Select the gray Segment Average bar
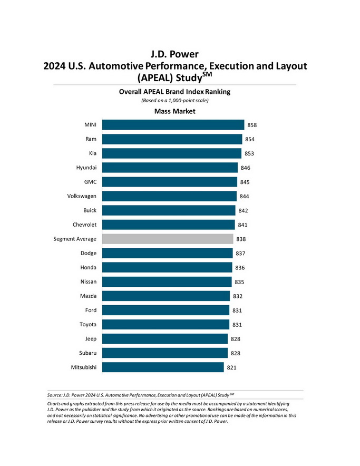tap(167, 239)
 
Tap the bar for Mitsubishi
tap(163, 367)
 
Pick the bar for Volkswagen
tap(169, 196)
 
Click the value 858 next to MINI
tap(252, 125)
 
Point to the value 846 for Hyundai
tap(245, 168)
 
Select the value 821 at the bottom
tap(231, 367)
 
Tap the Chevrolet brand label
tap(84, 225)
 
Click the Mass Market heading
tap(175, 111)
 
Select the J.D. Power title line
tap(174, 54)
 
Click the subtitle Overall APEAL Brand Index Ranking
tap(174, 91)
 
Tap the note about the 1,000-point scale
tap(174, 100)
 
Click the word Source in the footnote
tap(54, 394)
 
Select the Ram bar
tap(172, 139)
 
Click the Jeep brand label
tap(90, 338)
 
